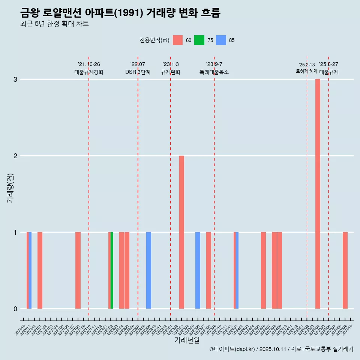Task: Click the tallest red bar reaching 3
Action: (318, 193)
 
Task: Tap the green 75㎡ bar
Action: (112, 270)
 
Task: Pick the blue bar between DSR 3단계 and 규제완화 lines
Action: (149, 270)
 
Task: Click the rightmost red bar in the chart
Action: (345, 270)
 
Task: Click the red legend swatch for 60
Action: (178, 40)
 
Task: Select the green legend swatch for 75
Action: (199, 40)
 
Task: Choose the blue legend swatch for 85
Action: (221, 40)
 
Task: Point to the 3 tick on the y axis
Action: (15, 79)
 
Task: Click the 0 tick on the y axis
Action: (15, 309)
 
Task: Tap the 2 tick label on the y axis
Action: (15, 156)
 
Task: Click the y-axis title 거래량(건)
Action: (10, 187)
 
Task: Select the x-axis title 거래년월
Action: (187, 340)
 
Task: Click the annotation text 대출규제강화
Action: (89, 72)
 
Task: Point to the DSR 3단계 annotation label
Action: (138, 72)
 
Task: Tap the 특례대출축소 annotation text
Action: (214, 72)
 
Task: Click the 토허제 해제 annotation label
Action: (307, 71)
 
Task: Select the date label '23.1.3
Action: (171, 64)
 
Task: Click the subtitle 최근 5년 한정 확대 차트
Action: (54, 24)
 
